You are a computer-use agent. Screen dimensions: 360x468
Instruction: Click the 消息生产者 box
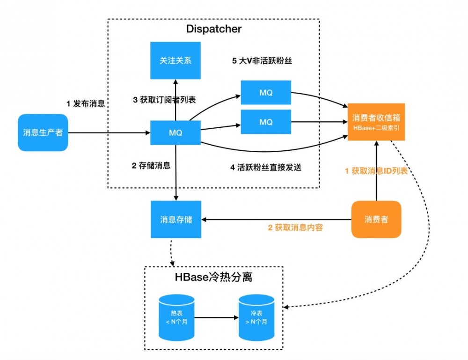pyautogui.click(x=43, y=132)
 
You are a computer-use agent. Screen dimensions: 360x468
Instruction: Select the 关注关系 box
pyautogui.click(x=175, y=60)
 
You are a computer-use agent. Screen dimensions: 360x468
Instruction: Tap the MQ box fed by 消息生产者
pyautogui.click(x=175, y=132)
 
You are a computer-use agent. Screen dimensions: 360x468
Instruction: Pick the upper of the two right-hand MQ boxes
pyautogui.click(x=266, y=93)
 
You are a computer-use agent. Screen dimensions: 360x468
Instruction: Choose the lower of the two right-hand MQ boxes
pyautogui.click(x=266, y=122)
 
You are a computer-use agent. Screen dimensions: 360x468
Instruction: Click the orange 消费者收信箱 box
pyautogui.click(x=376, y=122)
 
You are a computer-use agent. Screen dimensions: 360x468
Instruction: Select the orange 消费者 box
pyautogui.click(x=376, y=219)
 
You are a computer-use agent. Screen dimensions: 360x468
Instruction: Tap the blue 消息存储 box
pyautogui.click(x=175, y=219)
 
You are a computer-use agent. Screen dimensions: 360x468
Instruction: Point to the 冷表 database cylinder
pyautogui.click(x=257, y=317)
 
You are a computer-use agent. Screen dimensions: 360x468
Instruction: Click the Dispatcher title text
pyautogui.click(x=214, y=29)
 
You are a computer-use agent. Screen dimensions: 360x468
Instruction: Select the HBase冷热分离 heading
pyautogui.click(x=214, y=277)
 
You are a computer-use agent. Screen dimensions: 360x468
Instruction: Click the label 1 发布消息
pyautogui.click(x=85, y=104)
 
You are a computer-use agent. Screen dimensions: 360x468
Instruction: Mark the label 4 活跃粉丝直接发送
pyautogui.click(x=265, y=167)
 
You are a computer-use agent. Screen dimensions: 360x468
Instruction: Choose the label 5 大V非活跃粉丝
pyautogui.click(x=262, y=61)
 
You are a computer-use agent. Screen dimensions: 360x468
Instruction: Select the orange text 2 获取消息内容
pyautogui.click(x=295, y=228)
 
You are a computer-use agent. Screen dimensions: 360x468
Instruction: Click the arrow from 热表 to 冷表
pyautogui.click(x=216, y=317)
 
